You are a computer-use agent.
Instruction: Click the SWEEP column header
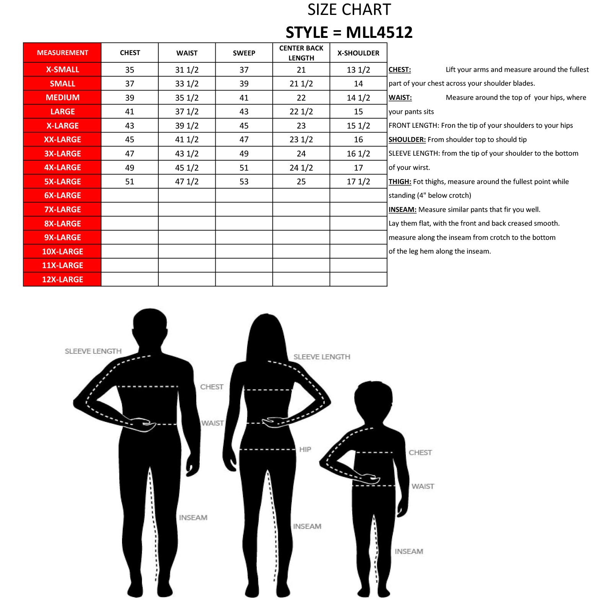click(244, 53)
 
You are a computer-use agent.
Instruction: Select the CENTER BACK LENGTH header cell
click(301, 53)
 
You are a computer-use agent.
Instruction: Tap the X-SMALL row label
click(62, 70)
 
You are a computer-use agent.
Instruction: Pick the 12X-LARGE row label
click(62, 279)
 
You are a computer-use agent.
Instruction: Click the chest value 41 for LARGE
click(130, 112)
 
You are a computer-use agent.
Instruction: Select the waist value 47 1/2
click(187, 182)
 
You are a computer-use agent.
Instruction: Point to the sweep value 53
click(244, 182)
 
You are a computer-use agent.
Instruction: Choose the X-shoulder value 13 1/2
click(358, 70)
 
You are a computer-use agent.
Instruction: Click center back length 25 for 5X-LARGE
click(301, 182)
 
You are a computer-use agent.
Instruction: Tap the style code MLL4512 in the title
click(379, 33)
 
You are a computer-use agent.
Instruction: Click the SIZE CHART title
click(349, 10)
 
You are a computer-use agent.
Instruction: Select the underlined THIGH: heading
click(400, 182)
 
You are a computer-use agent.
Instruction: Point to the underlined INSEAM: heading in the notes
click(402, 210)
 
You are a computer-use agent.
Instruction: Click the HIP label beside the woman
click(305, 449)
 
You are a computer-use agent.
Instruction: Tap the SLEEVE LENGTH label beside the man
click(93, 351)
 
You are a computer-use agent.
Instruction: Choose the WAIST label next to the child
click(423, 486)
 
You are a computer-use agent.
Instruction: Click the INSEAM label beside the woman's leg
click(307, 526)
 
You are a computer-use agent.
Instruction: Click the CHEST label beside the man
click(212, 387)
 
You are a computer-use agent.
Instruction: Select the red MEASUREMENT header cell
click(62, 53)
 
